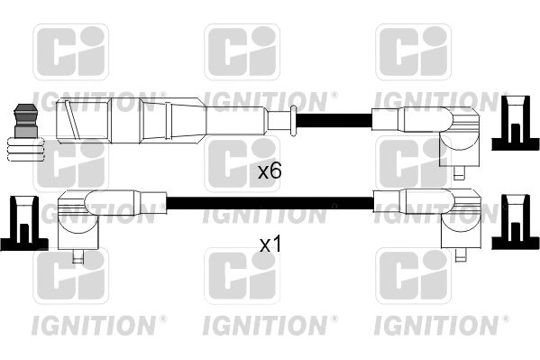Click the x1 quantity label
(270, 244)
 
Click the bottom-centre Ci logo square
(242, 276)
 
